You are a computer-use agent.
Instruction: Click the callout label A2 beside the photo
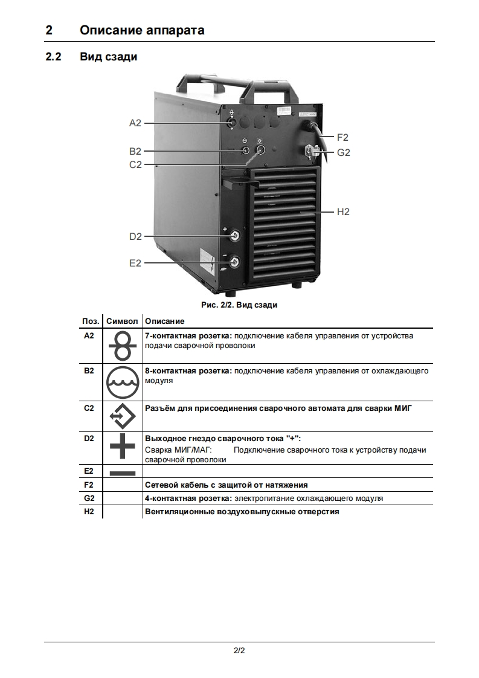(x=135, y=123)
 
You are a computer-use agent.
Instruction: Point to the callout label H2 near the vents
(x=343, y=212)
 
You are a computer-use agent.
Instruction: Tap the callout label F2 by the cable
(x=342, y=138)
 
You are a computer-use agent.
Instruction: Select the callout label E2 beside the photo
(x=135, y=263)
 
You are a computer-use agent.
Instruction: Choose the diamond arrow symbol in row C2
(x=123, y=416)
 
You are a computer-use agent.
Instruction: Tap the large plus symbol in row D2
(x=123, y=448)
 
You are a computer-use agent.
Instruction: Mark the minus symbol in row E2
(x=123, y=473)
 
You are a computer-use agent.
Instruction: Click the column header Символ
(x=123, y=321)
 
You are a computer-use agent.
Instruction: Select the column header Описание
(x=165, y=321)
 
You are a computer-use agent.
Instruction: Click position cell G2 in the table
(x=89, y=499)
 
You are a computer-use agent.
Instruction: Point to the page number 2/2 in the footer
(x=239, y=651)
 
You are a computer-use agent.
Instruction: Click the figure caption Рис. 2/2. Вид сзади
(x=240, y=305)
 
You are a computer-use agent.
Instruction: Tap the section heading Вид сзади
(x=109, y=57)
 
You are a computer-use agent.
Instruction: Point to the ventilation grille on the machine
(x=283, y=227)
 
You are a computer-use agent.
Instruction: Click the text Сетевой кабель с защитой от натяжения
(x=227, y=485)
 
